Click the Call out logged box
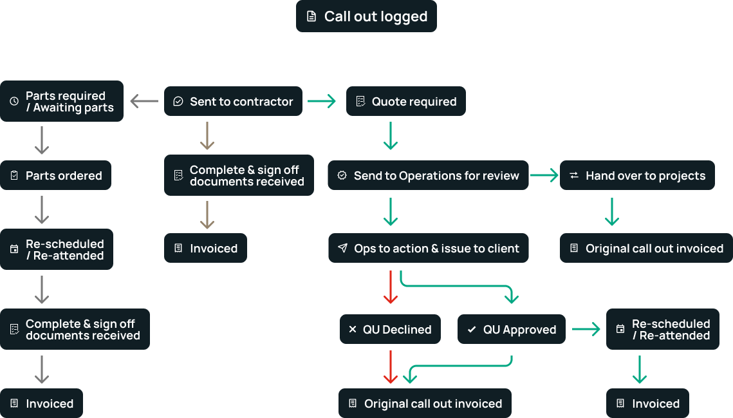(366, 16)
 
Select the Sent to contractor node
(233, 101)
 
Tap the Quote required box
(405, 101)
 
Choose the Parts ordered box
(55, 175)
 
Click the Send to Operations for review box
(428, 175)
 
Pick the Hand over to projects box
(637, 175)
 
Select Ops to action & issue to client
(428, 248)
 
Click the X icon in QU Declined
(352, 329)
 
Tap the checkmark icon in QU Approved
(472, 329)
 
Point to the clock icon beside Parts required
(14, 101)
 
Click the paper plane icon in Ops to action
(342, 248)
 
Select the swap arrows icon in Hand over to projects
(573, 175)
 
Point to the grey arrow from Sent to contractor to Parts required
(144, 101)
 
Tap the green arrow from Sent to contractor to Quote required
(322, 101)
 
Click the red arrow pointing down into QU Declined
(390, 287)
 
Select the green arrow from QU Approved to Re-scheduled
(586, 329)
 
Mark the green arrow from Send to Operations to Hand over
(544, 175)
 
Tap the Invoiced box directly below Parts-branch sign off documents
(41, 403)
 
